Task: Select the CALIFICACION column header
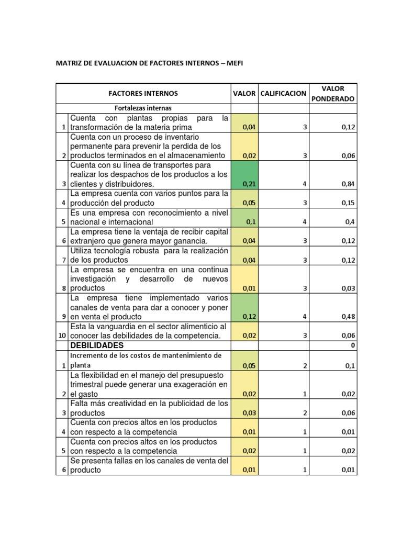click(x=283, y=94)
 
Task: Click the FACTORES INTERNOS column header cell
click(x=143, y=94)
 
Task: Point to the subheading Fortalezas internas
click(x=143, y=108)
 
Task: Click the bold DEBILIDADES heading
click(x=97, y=345)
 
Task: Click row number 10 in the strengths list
click(x=62, y=336)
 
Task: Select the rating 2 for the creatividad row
click(x=305, y=413)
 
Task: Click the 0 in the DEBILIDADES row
click(x=353, y=346)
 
